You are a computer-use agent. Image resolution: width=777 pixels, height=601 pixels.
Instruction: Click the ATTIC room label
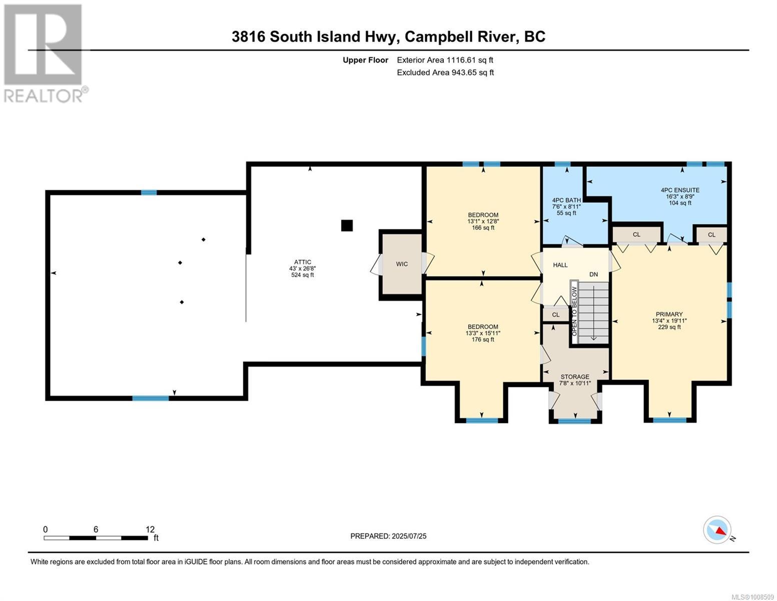tap(303, 262)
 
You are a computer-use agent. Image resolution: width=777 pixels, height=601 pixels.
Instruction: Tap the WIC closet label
tap(402, 264)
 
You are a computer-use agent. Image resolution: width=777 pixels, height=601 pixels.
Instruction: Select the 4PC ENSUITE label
tap(680, 190)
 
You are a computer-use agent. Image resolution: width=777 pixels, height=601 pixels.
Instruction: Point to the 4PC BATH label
tap(566, 200)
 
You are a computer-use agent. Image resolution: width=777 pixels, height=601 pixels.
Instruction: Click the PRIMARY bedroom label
tap(669, 315)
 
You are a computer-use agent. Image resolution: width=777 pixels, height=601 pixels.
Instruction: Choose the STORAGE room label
tap(574, 377)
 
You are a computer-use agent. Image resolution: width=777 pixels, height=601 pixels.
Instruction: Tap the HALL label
tap(560, 265)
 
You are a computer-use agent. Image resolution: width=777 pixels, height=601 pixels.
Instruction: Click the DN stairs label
tap(593, 274)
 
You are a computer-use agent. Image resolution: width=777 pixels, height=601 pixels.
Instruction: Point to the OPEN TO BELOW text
tap(574, 311)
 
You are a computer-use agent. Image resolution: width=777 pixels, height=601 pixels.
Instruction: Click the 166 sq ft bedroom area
tap(483, 228)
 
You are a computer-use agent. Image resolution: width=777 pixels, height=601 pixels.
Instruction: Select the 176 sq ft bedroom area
tap(483, 340)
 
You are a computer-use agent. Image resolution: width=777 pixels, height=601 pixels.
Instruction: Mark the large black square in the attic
tap(347, 225)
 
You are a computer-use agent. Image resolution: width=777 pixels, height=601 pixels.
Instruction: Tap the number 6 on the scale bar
tap(96, 529)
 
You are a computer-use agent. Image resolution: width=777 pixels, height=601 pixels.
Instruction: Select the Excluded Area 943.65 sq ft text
tap(445, 72)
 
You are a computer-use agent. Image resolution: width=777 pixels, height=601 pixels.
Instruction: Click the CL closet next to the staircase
tap(556, 315)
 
